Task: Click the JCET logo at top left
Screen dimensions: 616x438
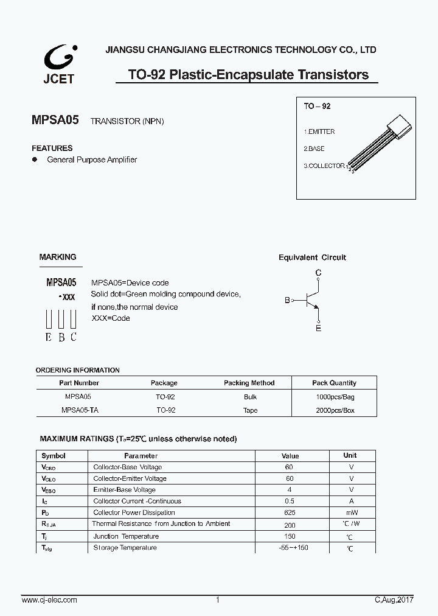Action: [x=59, y=65]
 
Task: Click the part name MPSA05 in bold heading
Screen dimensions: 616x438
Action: [x=55, y=121]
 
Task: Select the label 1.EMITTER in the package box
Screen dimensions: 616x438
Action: [x=319, y=131]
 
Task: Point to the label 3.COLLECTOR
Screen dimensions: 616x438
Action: [x=324, y=166]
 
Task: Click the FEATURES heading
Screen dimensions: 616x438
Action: [x=52, y=148]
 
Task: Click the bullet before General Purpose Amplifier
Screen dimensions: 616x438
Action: [x=35, y=159]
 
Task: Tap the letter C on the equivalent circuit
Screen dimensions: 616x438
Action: [x=318, y=273]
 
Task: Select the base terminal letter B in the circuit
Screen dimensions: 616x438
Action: [x=287, y=300]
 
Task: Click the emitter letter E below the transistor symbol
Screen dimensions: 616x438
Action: [x=318, y=329]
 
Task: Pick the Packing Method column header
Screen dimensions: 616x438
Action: [x=249, y=383]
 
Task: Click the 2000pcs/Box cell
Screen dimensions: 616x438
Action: [x=335, y=410]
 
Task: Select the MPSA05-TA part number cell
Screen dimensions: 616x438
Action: [x=79, y=410]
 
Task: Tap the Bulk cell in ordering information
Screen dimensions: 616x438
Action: [x=250, y=396]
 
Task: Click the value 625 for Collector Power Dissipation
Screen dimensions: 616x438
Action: [x=290, y=513]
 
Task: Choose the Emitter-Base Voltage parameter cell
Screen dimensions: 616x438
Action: [x=124, y=489]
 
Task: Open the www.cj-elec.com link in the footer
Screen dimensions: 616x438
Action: [x=49, y=600]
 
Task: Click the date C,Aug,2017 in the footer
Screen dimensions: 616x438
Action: [x=393, y=600]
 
